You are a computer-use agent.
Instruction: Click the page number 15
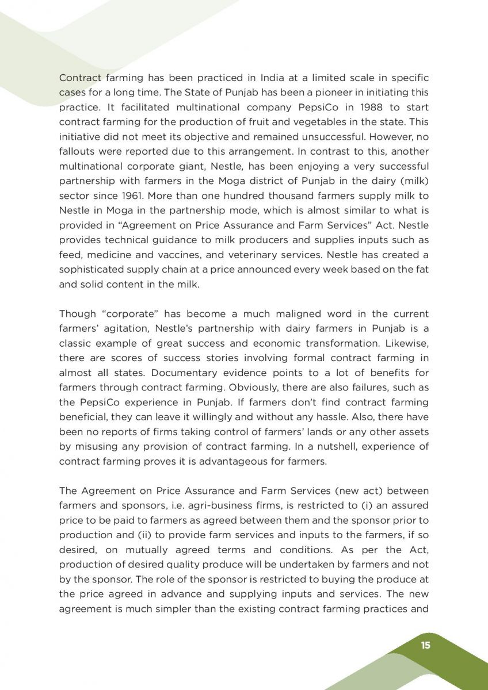tap(425, 645)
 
